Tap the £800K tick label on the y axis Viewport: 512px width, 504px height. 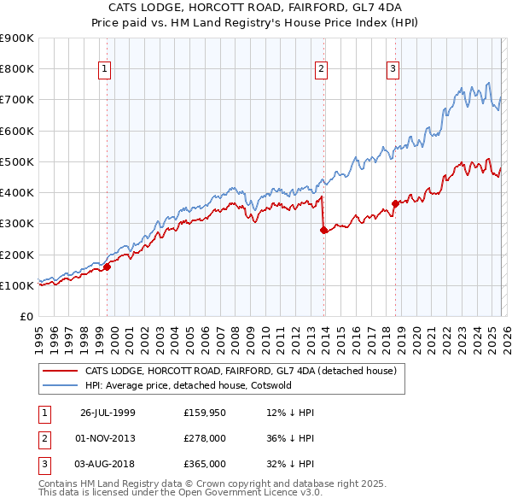pos(17,69)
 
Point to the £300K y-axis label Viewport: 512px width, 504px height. pos(17,224)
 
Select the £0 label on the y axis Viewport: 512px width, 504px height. pos(26,317)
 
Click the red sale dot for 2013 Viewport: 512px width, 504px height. pos(324,231)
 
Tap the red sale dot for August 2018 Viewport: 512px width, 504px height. pos(396,203)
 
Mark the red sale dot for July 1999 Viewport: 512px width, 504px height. pos(108,267)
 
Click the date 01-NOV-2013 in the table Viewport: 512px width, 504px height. pos(108,438)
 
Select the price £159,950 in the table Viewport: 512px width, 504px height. pos(205,413)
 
